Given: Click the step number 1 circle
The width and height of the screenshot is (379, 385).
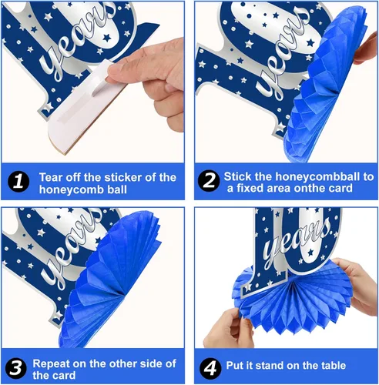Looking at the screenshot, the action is click(x=18, y=182).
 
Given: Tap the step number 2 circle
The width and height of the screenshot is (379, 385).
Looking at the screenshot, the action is click(x=209, y=180).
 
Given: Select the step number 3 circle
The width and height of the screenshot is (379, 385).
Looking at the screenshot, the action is click(x=15, y=368).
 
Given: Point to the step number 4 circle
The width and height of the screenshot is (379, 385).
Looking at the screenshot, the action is click(x=210, y=368).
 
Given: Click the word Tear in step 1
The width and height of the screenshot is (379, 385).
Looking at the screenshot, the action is click(x=51, y=177).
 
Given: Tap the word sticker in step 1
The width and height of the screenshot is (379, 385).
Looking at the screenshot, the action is click(x=118, y=177).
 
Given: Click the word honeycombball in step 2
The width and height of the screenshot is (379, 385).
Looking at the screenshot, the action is click(x=317, y=176).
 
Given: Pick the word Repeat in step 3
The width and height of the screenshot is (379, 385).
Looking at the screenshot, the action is click(x=51, y=364).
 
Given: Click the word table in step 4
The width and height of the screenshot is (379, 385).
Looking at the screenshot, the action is click(x=333, y=366).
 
